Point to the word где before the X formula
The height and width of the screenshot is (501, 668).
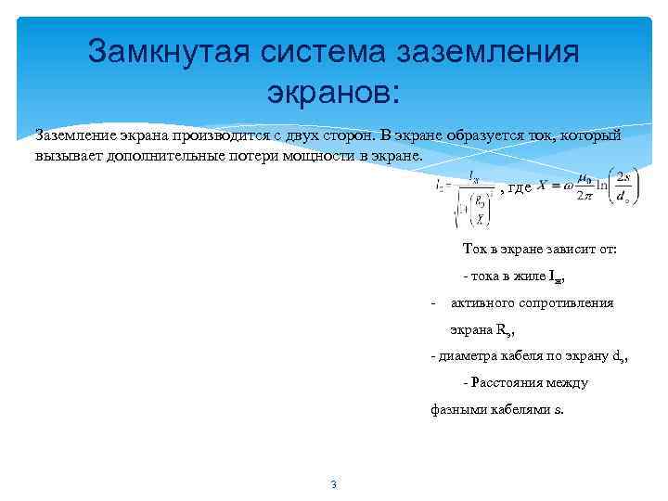tap(519, 187)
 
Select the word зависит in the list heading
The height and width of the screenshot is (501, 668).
tap(552, 250)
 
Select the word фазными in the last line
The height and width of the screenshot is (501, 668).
tap(456, 408)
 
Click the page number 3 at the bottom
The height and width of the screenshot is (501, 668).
tap(334, 484)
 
